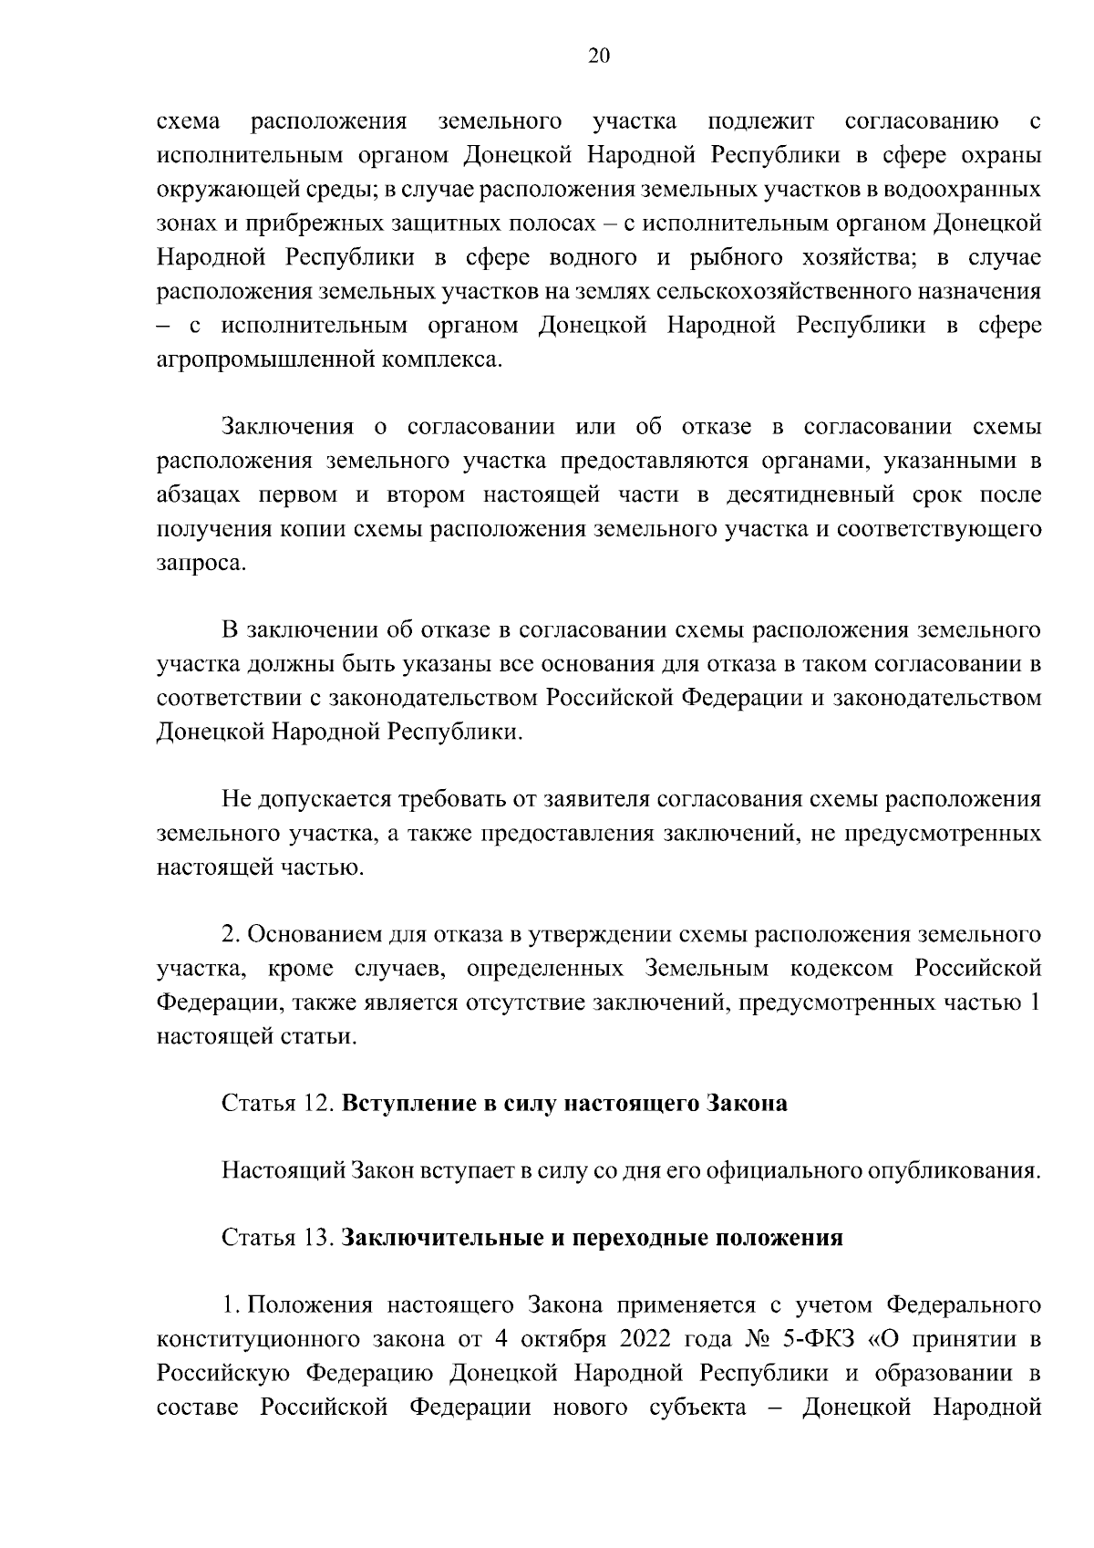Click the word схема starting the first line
pyautogui.click(x=190, y=122)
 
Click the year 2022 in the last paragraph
pyautogui.click(x=645, y=1340)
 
